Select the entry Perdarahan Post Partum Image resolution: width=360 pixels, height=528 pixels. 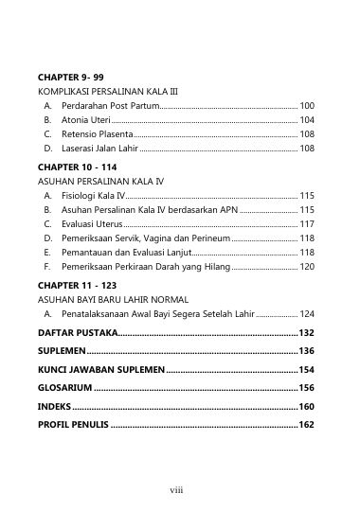pyautogui.click(x=110, y=106)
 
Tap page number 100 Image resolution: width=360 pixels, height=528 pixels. pyautogui.click(x=307, y=106)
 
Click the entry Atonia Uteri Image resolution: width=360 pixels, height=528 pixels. pyautogui.click(x=86, y=120)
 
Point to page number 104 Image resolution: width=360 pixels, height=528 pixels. pyautogui.click(x=307, y=120)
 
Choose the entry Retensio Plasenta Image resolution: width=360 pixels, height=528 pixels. pyautogui.click(x=98, y=134)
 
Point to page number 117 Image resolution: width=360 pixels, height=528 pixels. pyautogui.click(x=307, y=224)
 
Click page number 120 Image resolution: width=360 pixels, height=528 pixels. pyautogui.click(x=307, y=268)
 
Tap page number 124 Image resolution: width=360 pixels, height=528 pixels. pyautogui.click(x=307, y=312)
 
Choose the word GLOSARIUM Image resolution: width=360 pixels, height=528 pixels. pyautogui.click(x=64, y=387)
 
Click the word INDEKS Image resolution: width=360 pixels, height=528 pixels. pyautogui.click(x=55, y=406)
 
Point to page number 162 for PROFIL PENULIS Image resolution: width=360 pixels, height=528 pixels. pyautogui.click(x=307, y=425)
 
